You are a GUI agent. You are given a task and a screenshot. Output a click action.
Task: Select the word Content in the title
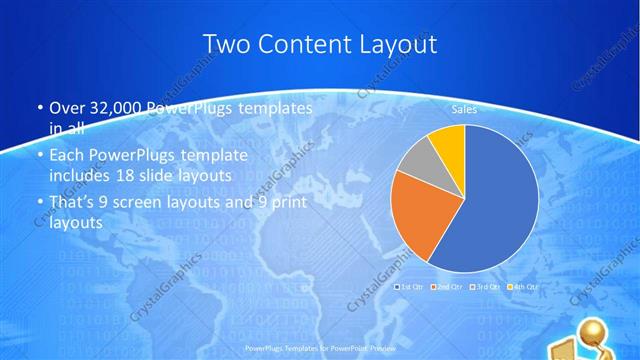point(301,44)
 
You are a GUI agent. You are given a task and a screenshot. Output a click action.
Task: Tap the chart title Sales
point(464,109)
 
